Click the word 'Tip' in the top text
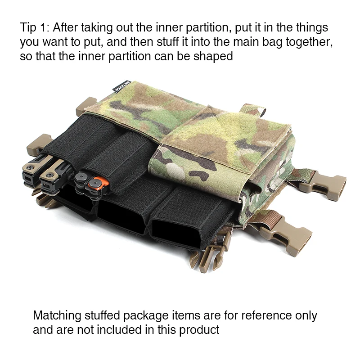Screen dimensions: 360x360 pos(28,28)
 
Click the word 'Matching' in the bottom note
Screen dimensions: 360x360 pos(57,316)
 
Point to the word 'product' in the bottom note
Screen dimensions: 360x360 pos(199,330)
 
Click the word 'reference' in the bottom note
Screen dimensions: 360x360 pos(266,315)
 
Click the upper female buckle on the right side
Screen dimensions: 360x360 pos(322,183)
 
